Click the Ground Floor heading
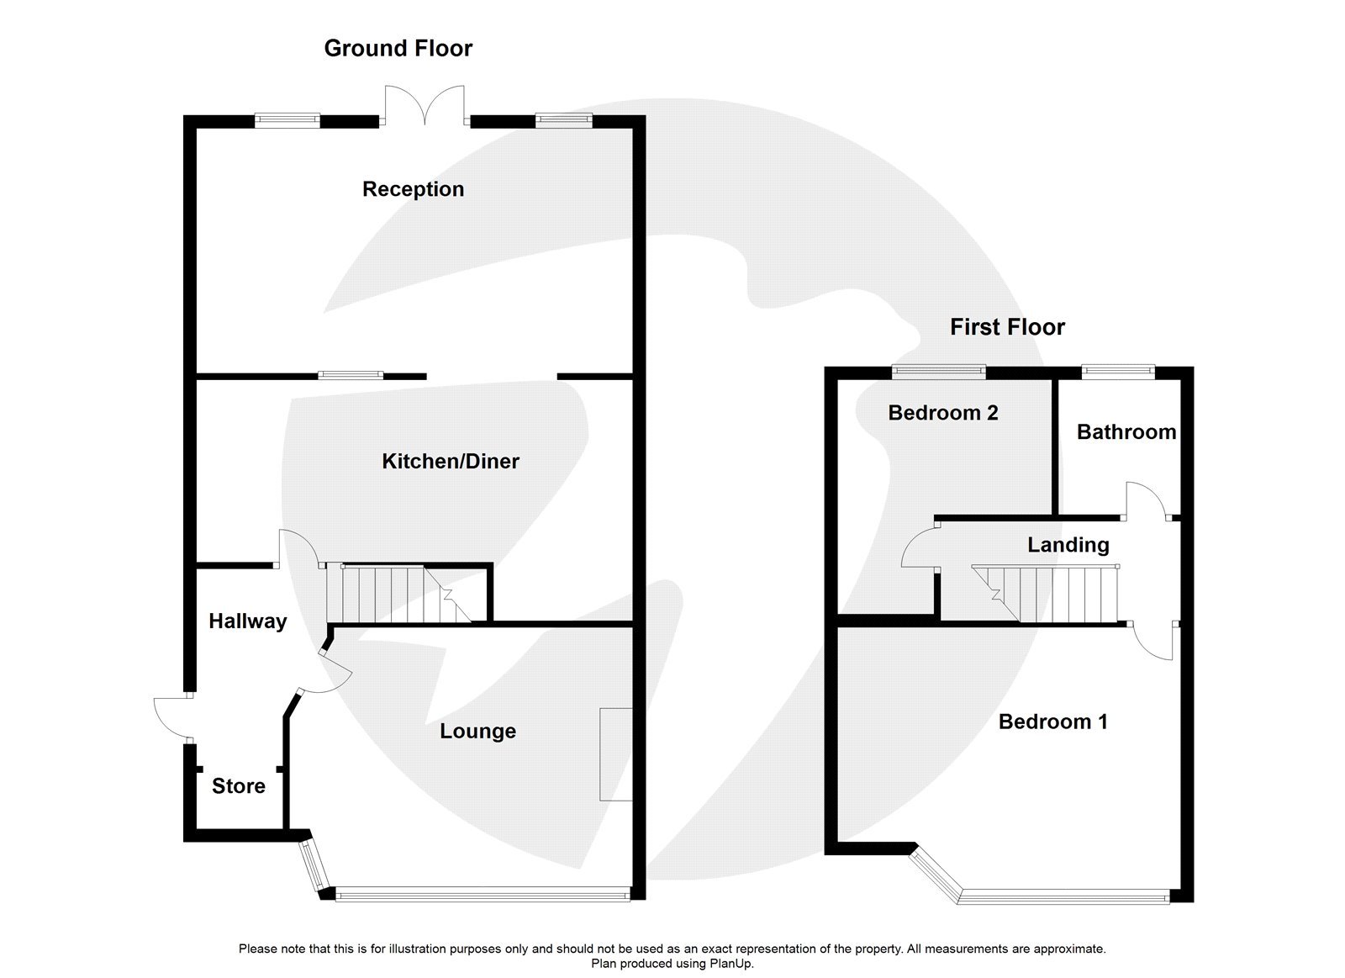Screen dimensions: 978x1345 coord(398,49)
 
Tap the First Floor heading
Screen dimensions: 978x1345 coord(1007,327)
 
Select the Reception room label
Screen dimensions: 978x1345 coord(413,189)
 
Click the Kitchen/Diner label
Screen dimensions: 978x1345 coord(451,461)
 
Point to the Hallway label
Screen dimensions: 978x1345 coord(247,621)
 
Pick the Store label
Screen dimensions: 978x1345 coord(238,786)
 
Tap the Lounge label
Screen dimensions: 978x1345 coord(477,732)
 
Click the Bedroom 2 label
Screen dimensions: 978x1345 coord(942,413)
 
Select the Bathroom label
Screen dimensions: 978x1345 coord(1126,432)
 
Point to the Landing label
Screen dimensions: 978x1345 coord(1068,545)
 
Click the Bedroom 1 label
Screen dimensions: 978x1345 coord(1052,722)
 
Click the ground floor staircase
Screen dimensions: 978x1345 coord(395,594)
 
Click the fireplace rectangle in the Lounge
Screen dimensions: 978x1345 coord(615,753)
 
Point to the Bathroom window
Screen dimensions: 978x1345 coord(1117,370)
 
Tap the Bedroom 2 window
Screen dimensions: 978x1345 coord(938,370)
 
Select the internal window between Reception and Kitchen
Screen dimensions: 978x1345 coord(350,375)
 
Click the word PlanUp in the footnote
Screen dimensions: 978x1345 coord(728,964)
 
